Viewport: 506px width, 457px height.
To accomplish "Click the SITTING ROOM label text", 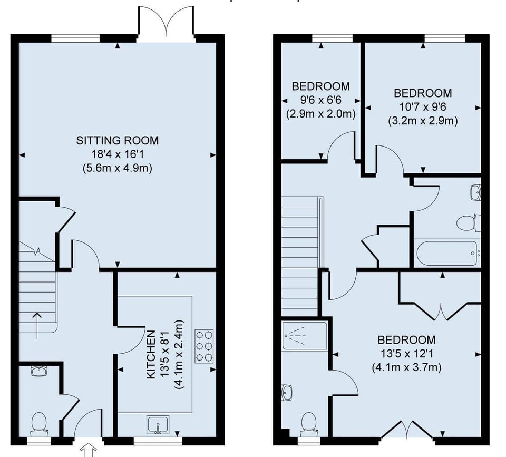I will (117, 141).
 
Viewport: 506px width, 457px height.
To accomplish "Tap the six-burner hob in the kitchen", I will (205, 346).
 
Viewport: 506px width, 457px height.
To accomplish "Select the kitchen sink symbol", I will (158, 425).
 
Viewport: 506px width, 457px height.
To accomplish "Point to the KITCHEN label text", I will (151, 354).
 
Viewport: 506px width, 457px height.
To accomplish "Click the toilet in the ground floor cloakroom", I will (39, 424).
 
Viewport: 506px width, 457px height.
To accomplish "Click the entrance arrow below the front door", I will (88, 450).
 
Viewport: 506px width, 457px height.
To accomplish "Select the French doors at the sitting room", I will (166, 24).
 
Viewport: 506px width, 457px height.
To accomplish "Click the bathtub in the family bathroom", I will (447, 254).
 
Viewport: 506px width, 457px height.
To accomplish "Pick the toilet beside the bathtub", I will (468, 223).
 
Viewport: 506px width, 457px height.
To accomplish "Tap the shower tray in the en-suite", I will (305, 336).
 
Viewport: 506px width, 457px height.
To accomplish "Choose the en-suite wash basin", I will (287, 393).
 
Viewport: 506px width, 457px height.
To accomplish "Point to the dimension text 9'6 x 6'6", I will (320, 100).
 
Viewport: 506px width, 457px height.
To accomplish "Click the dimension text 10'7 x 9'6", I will (423, 106).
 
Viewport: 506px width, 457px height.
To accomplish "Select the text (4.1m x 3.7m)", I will (406, 367).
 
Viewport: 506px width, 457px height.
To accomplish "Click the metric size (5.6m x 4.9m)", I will (117, 169).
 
